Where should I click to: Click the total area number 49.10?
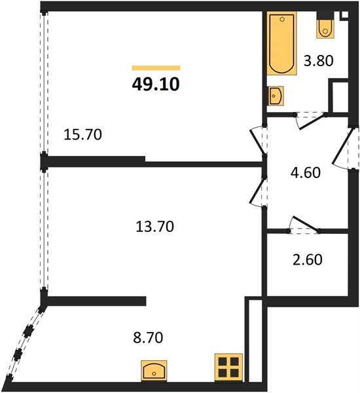[x=156, y=84]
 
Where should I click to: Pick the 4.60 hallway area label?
[x=306, y=174]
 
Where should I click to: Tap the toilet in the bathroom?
[x=326, y=26]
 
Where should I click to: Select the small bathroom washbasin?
[x=276, y=96]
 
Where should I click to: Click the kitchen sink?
[x=156, y=371]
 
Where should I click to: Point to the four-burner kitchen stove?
[x=229, y=367]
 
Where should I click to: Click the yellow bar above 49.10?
[x=156, y=67]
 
